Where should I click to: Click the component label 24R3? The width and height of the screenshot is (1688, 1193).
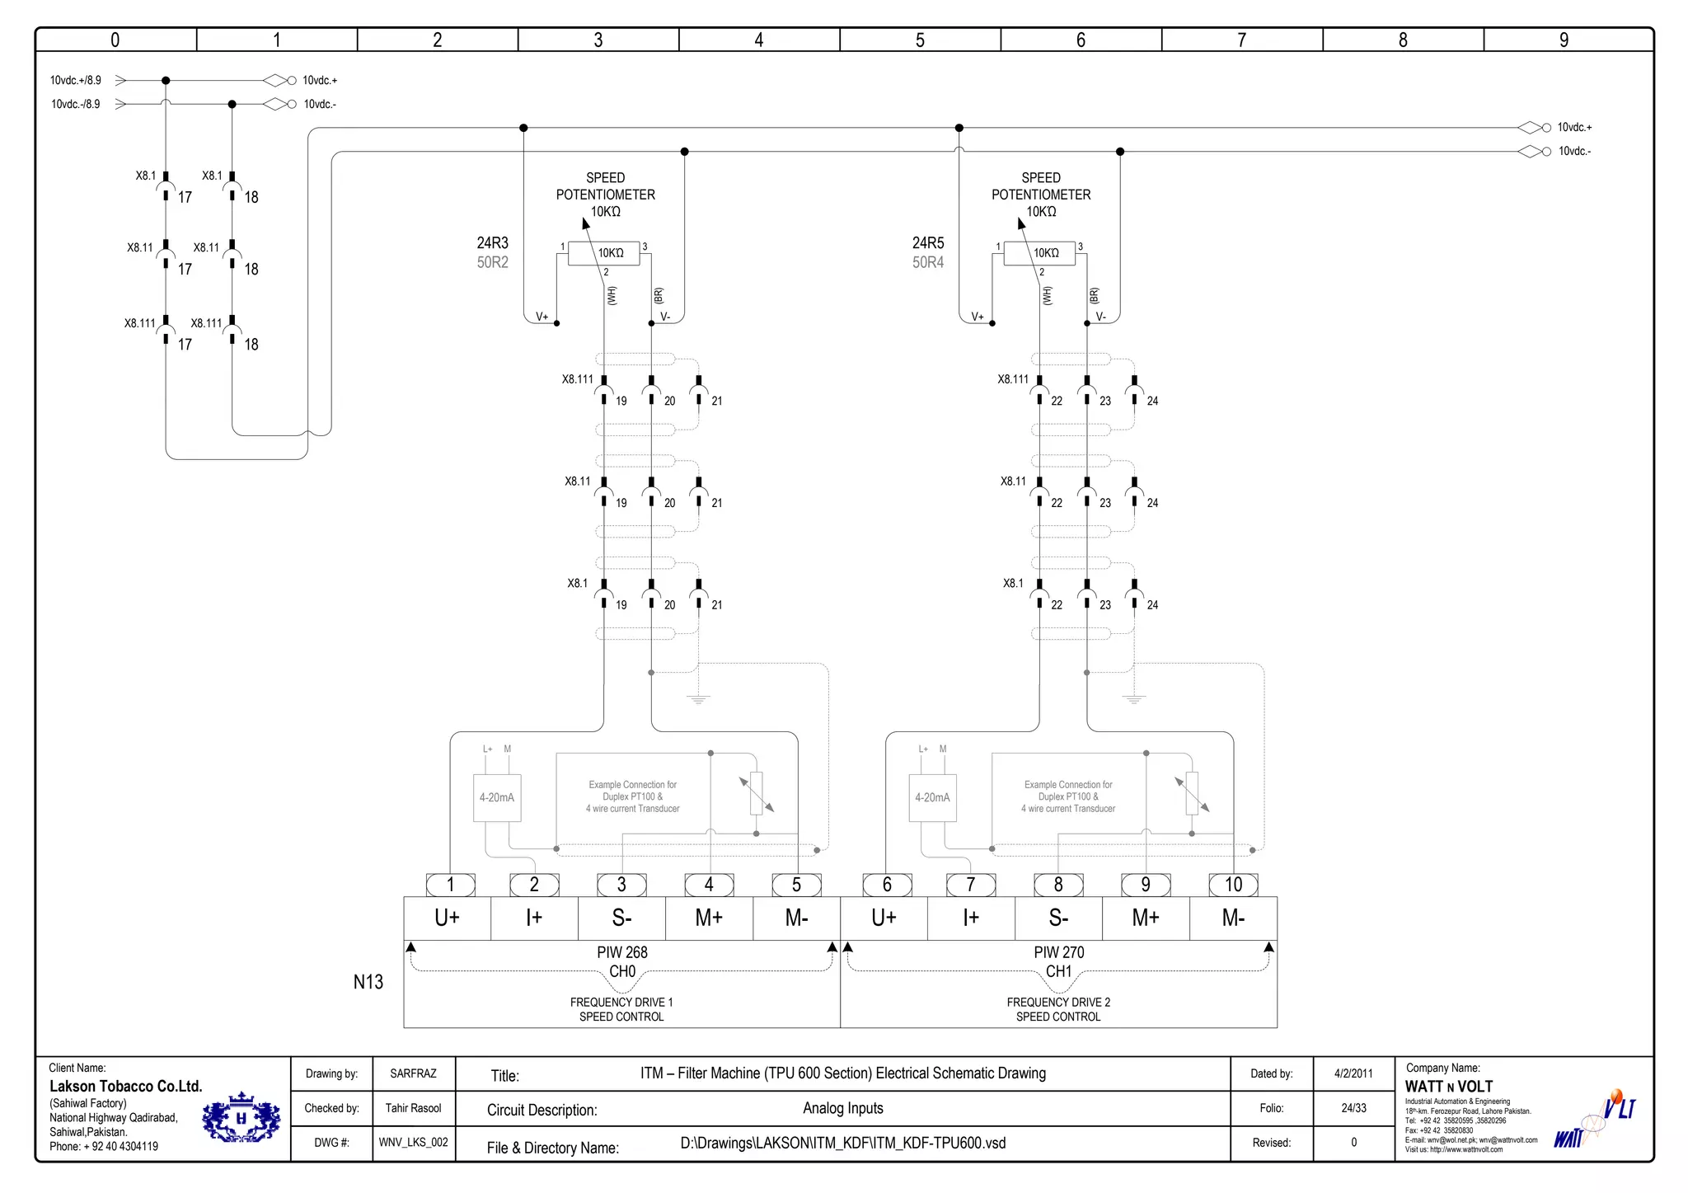coord(492,242)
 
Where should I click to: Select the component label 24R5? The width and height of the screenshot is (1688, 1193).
coord(927,242)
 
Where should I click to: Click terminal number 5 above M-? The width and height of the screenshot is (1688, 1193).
coord(796,885)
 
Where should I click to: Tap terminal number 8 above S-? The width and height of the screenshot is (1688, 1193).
coord(1058,885)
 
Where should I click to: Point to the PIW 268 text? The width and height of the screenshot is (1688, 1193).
coord(622,952)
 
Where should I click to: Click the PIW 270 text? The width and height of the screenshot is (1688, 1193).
coord(1058,952)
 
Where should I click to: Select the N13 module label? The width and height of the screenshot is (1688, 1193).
coord(368,982)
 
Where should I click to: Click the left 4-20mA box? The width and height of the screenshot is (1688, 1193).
coord(497,797)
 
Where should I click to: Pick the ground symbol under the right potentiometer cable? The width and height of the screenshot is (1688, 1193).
coord(1134,699)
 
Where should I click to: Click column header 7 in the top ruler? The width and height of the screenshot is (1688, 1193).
coord(1241,40)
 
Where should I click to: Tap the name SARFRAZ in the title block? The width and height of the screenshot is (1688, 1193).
coord(413,1073)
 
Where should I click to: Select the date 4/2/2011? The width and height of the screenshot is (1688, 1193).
coord(1353,1073)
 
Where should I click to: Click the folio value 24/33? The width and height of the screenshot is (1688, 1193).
coord(1353,1108)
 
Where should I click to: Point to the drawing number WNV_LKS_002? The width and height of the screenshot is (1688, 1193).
coord(413,1143)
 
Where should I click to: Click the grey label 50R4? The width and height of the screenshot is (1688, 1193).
coord(927,262)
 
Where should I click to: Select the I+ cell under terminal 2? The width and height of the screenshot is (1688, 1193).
coord(534,918)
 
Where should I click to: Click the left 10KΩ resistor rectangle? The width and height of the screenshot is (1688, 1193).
coord(604,253)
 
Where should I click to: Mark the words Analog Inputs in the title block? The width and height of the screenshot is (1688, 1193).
coord(842,1108)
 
